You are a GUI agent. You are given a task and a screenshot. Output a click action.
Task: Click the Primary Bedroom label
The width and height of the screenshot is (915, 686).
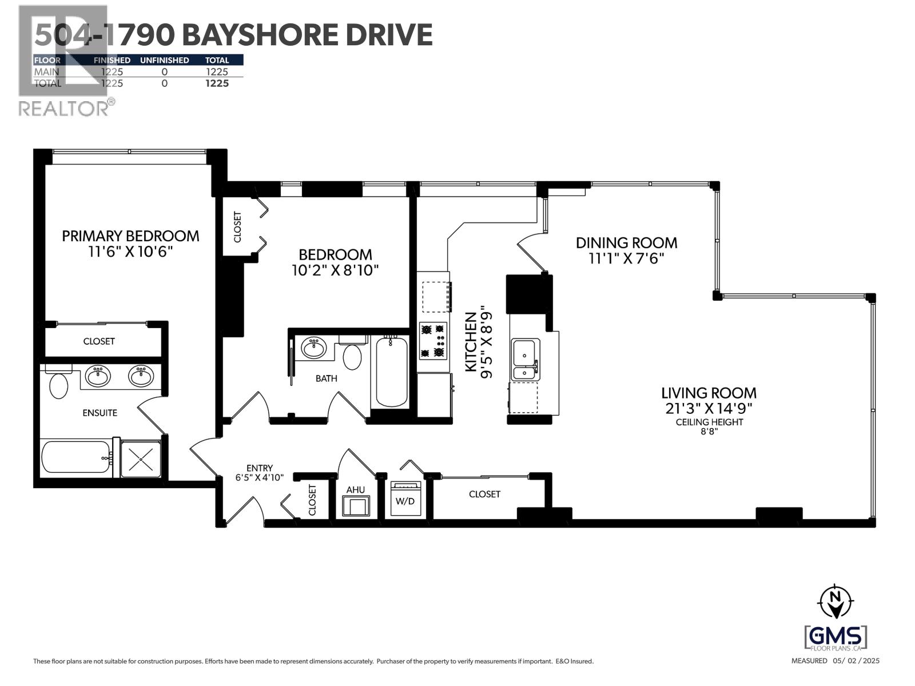[x=130, y=236]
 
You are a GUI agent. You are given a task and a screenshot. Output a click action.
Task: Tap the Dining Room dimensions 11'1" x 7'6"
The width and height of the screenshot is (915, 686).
[x=626, y=258]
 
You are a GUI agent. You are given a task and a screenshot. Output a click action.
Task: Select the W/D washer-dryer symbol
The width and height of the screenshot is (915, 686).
[x=405, y=498]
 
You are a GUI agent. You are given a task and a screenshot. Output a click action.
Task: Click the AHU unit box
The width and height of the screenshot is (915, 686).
[x=356, y=505]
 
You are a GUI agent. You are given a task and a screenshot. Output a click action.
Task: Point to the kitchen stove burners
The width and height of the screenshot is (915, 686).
[x=432, y=341]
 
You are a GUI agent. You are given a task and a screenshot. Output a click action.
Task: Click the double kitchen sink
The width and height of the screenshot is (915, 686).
[x=525, y=358]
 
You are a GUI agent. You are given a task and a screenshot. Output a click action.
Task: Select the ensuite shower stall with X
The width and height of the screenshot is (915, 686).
[x=140, y=458]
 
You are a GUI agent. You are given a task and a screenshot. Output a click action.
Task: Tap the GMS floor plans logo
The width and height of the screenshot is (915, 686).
[x=836, y=635]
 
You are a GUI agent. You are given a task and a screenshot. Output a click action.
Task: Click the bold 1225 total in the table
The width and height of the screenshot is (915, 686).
[x=217, y=83]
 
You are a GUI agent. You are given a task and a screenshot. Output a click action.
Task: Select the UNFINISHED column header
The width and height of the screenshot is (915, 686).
[x=165, y=60]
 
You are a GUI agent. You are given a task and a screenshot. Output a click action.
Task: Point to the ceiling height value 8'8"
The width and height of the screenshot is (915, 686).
[x=709, y=432]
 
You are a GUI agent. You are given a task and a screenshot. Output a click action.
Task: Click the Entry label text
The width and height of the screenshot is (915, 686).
[x=260, y=467]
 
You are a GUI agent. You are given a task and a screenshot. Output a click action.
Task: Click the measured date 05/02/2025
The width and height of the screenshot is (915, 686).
[x=856, y=661]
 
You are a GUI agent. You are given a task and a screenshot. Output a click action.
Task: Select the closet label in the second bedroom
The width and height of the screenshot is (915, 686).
[x=237, y=226]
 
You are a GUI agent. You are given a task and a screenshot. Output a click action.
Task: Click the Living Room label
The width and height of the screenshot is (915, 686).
[x=709, y=393]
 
